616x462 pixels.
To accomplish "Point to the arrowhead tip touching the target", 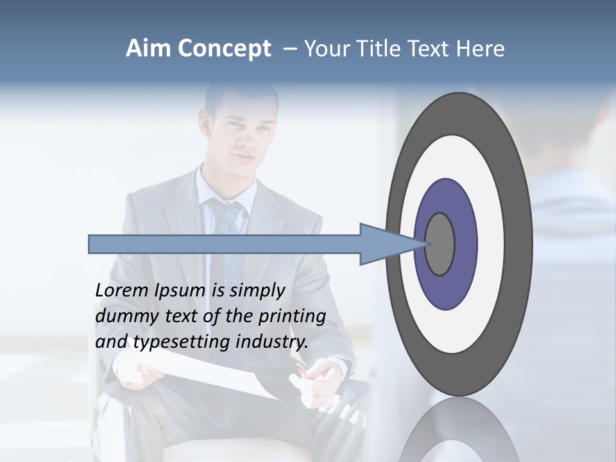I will click(425, 244).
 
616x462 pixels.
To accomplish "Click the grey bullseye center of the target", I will click(440, 244).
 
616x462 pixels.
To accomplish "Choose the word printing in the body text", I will click(291, 316).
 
